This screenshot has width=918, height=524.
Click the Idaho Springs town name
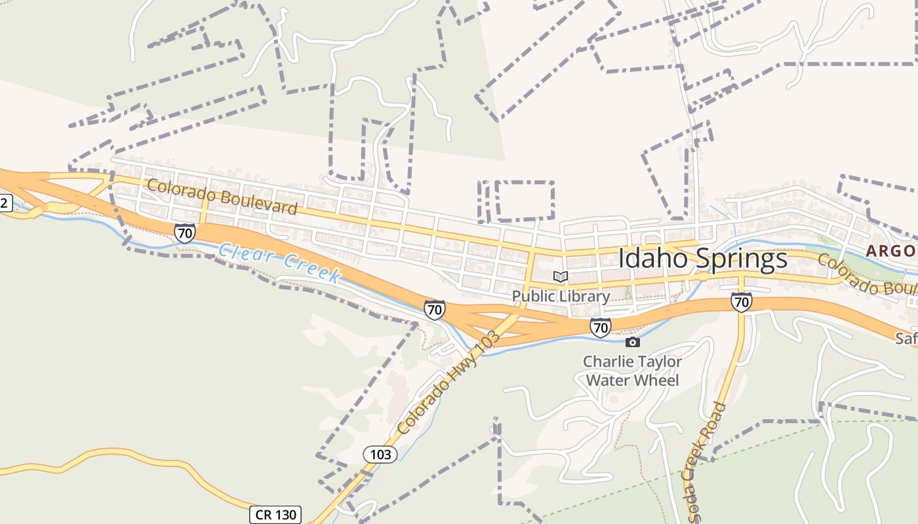(x=702, y=258)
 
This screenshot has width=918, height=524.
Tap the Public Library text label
(x=561, y=296)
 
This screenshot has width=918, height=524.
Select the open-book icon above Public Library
(x=560, y=277)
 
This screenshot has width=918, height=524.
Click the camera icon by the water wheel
(x=632, y=342)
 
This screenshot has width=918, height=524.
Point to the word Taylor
(x=658, y=362)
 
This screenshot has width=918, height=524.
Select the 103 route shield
(x=380, y=454)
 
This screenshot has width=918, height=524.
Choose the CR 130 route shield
(x=275, y=515)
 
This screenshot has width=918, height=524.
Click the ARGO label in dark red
(x=890, y=251)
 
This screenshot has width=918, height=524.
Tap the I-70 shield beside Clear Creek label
(x=185, y=233)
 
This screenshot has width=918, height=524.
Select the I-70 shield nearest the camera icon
(x=600, y=327)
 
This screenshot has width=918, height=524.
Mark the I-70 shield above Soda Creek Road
(x=741, y=302)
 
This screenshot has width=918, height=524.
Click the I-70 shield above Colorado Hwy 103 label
(x=434, y=310)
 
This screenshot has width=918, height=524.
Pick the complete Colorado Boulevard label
(x=222, y=196)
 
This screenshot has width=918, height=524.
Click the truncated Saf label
(x=907, y=339)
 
